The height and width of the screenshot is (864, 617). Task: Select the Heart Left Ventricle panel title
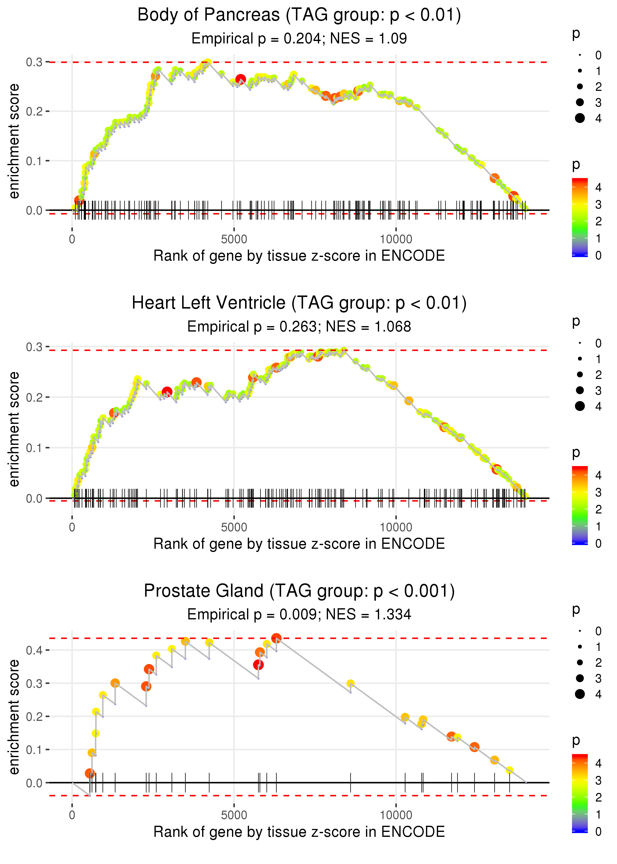(299, 303)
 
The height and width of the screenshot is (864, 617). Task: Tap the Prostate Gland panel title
(299, 591)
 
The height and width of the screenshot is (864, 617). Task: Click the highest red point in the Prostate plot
(276, 638)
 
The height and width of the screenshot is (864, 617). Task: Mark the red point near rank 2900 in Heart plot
(167, 392)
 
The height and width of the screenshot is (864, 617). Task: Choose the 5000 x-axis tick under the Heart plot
(234, 527)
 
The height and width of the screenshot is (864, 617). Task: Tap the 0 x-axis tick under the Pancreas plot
(72, 239)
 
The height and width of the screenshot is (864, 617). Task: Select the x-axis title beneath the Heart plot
(299, 544)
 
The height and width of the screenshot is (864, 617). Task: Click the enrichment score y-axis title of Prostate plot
(14, 717)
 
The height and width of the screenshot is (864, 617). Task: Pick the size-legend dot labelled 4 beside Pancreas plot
(580, 118)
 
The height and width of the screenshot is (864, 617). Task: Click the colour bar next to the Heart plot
(580, 505)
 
